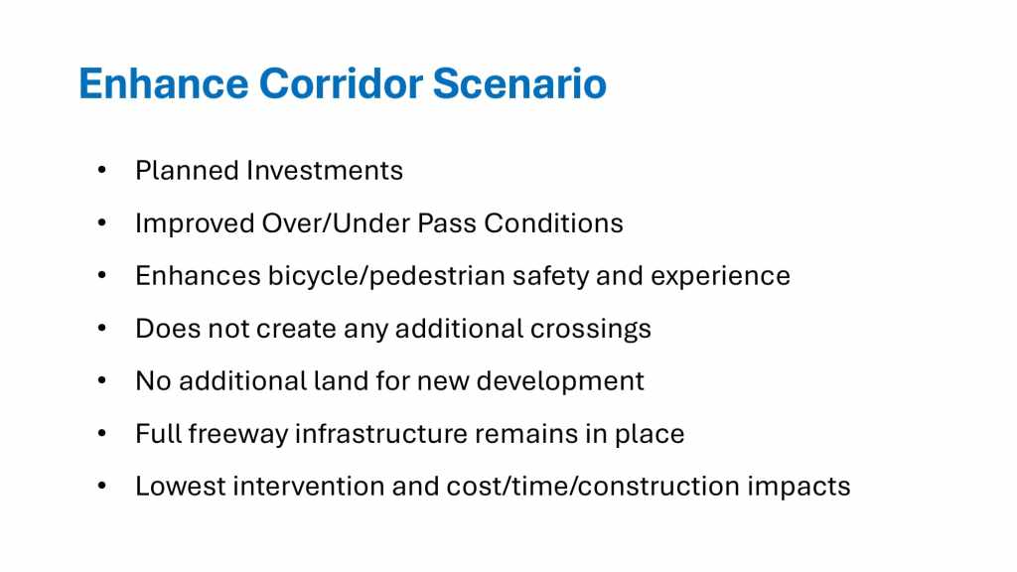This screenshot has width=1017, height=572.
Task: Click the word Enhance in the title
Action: [x=164, y=83]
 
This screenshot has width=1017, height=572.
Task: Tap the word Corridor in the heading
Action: [x=342, y=83]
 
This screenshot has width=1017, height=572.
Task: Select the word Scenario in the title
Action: [x=519, y=83]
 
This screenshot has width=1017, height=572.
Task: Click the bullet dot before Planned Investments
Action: [x=102, y=171]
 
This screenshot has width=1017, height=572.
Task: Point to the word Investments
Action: [x=325, y=171]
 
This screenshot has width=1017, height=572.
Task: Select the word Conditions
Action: [x=553, y=223]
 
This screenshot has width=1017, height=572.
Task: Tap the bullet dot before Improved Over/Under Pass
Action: [x=102, y=223]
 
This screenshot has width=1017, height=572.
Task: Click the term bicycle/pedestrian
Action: [x=386, y=276]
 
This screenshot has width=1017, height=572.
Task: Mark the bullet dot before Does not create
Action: [x=102, y=328]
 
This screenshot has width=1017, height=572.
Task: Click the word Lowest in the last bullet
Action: [x=181, y=487]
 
